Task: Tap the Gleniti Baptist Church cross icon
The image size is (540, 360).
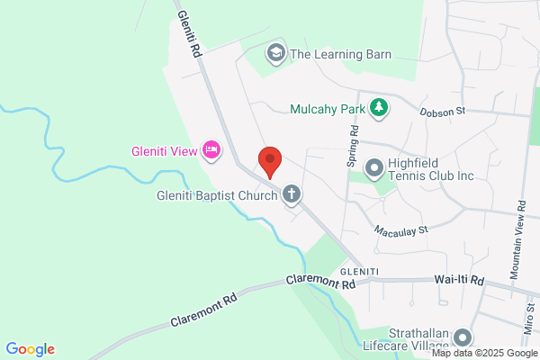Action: (292, 193)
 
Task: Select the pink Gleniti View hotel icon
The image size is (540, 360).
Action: (211, 149)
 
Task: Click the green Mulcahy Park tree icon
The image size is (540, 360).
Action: (380, 108)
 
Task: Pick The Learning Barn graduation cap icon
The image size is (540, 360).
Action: (276, 54)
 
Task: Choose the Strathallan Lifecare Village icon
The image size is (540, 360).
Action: (463, 337)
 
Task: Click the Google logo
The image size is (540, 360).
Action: (31, 349)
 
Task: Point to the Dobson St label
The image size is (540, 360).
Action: (443, 112)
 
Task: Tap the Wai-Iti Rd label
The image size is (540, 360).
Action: (459, 281)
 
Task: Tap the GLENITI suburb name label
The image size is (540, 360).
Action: (358, 271)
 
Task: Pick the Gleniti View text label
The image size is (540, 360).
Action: (163, 150)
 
